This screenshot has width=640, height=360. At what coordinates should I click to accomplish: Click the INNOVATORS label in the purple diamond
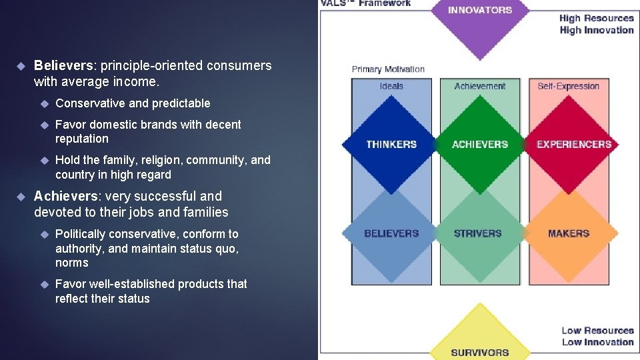point(480,10)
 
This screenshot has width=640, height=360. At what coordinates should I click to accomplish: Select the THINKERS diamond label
point(391,144)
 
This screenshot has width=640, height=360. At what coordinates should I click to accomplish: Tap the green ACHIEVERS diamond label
point(480,144)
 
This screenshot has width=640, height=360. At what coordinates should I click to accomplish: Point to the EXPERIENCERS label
point(574,144)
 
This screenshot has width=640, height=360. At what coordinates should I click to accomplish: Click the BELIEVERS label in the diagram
point(391,233)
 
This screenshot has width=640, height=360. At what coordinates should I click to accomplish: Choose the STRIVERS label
point(477,233)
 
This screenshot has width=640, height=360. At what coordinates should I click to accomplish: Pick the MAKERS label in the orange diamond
point(569,233)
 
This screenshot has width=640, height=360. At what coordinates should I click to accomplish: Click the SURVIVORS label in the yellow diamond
point(479,353)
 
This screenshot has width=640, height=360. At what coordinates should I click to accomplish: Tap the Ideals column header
point(391,86)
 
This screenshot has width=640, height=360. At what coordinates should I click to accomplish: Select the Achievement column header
point(480,86)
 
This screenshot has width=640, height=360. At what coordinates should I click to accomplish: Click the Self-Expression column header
point(569,86)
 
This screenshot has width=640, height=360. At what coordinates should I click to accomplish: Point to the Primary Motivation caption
point(388,69)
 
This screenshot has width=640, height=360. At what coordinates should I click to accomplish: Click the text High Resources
point(596,19)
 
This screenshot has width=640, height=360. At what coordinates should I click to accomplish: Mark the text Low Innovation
point(597,342)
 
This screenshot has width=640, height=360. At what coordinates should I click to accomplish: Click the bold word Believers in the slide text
point(63,66)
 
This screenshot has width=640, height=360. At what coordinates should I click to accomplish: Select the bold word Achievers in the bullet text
point(65,197)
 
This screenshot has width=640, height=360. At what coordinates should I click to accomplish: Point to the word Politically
point(81,234)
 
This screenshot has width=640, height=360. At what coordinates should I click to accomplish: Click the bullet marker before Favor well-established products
point(44,284)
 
